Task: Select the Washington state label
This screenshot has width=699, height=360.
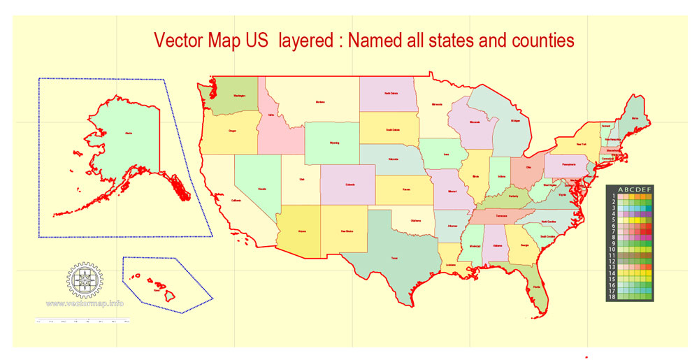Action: pyautogui.click(x=240, y=96)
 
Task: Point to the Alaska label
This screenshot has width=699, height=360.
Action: pyautogui.click(x=128, y=131)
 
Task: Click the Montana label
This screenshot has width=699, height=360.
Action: pyautogui.click(x=320, y=102)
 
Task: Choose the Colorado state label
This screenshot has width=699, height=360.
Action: pyautogui.click(x=349, y=185)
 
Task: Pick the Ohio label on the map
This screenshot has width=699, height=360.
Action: pyautogui.click(x=528, y=167)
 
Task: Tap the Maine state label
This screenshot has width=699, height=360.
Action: pyautogui.click(x=635, y=119)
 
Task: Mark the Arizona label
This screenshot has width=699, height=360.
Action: pyautogui.click(x=303, y=230)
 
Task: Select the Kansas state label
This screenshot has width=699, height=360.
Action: pyautogui.click(x=405, y=189)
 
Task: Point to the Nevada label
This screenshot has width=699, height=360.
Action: pyautogui.click(x=262, y=189)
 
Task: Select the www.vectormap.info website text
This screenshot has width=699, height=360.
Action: pyautogui.click(x=85, y=303)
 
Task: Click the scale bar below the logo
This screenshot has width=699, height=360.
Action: pyautogui.click(x=83, y=322)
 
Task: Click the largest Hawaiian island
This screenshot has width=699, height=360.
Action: pyautogui.click(x=168, y=296)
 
